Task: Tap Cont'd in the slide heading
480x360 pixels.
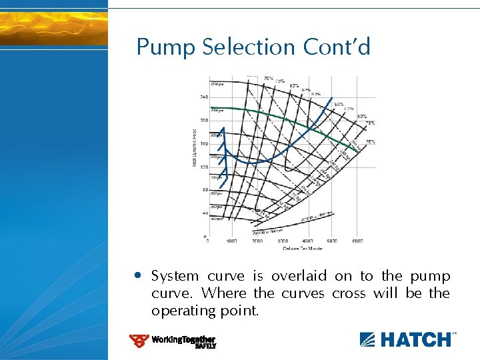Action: [x=336, y=47]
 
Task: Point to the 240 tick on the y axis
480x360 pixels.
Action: [x=203, y=97]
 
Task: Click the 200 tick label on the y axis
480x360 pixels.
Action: [x=203, y=121]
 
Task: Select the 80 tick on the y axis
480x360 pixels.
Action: [x=204, y=190]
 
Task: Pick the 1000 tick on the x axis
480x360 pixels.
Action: [x=232, y=241]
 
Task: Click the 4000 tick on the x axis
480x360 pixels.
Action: [x=307, y=241]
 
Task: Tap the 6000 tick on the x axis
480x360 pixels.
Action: [x=357, y=241]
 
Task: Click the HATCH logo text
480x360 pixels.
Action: [x=414, y=339]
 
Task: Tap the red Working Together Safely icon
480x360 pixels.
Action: [x=139, y=341]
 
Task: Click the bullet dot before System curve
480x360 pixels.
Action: [x=137, y=275]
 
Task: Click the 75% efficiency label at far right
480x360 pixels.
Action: [x=369, y=142]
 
